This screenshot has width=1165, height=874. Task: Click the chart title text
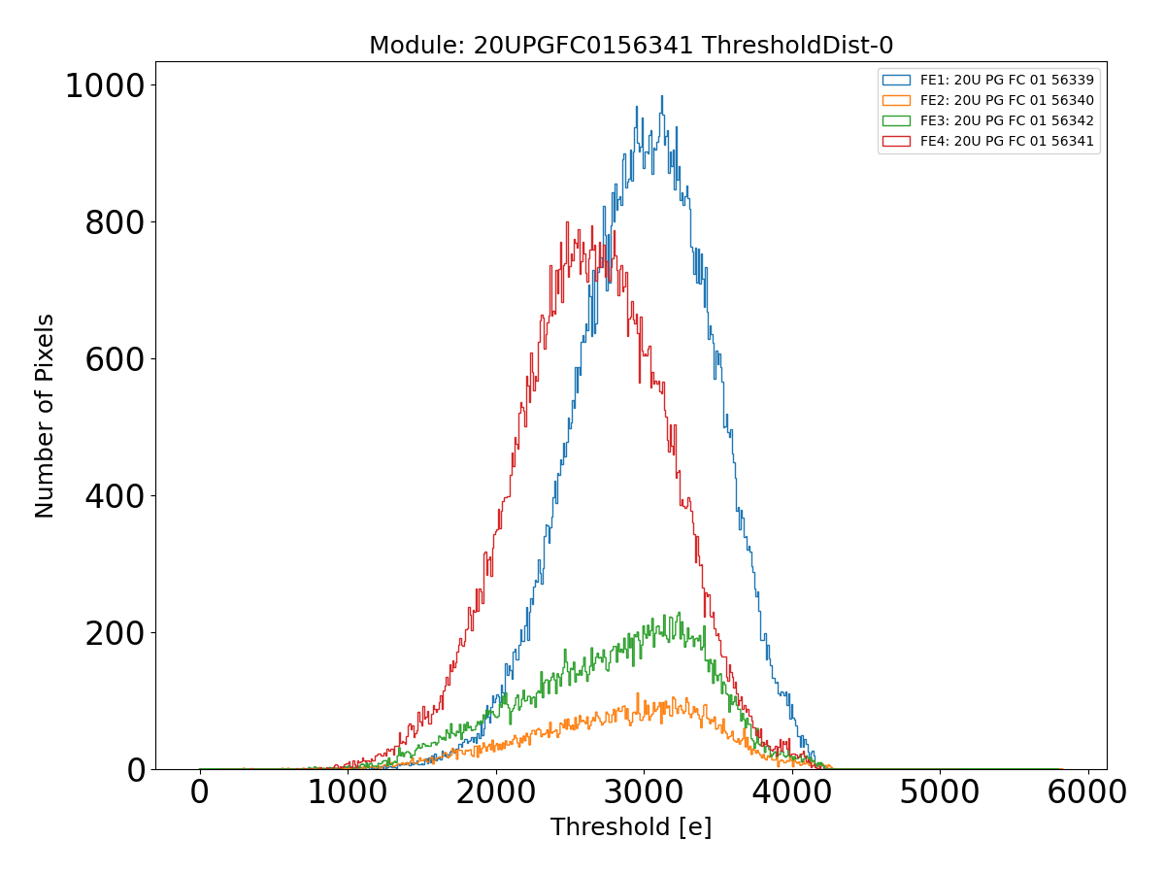(631, 45)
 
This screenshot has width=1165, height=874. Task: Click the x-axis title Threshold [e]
(631, 827)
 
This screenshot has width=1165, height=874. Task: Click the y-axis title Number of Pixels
(45, 416)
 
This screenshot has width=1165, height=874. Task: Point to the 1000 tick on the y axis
(104, 86)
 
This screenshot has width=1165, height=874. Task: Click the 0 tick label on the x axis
(200, 792)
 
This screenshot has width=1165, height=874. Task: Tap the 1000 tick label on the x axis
(348, 792)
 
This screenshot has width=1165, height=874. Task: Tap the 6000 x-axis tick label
(1086, 792)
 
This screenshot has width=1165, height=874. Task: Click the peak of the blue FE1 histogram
(662, 96)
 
